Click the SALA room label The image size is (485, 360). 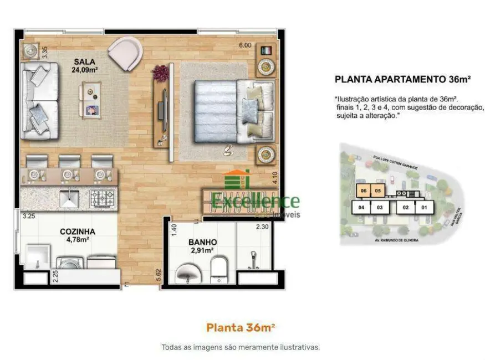(x=84, y=61)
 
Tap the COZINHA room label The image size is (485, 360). (x=76, y=232)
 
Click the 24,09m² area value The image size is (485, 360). (x=84, y=70)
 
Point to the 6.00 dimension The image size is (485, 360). (x=244, y=45)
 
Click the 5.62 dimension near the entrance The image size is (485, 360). (x=159, y=275)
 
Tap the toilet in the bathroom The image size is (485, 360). (x=219, y=269)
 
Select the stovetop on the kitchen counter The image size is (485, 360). (x=101, y=197)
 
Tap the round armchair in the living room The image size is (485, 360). (x=125, y=52)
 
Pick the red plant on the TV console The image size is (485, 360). (x=161, y=72)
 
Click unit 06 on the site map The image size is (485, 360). (x=364, y=192)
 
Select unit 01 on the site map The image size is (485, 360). (x=424, y=208)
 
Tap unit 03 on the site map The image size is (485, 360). (x=380, y=208)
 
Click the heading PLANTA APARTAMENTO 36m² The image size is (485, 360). (x=403, y=79)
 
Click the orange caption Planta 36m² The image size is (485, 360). (x=241, y=327)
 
